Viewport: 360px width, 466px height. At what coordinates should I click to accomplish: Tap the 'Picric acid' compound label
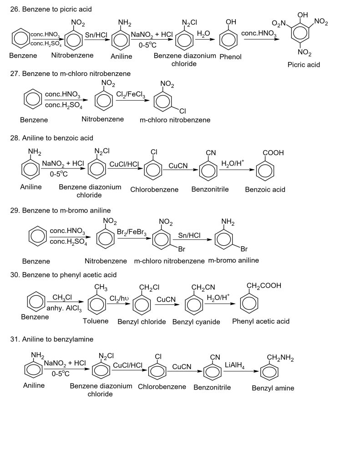304,65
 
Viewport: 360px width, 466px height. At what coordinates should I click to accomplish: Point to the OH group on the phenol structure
231,22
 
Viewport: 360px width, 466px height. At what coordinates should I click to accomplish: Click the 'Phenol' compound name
230,57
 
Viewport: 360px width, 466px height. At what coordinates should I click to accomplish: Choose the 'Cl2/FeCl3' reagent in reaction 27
131,95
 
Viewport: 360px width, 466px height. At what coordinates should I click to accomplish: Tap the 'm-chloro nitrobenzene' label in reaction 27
175,120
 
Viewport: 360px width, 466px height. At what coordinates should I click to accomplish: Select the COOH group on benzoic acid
273,153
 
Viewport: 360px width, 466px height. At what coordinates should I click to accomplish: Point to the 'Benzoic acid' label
265,189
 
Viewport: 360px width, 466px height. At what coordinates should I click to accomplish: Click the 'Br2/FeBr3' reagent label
132,232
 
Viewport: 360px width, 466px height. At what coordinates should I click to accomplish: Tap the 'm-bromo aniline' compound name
233,260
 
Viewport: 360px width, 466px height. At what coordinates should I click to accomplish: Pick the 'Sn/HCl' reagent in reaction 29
189,235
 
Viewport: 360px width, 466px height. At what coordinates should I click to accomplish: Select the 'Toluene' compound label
96,321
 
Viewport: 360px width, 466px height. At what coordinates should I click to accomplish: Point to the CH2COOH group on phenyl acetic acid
264,286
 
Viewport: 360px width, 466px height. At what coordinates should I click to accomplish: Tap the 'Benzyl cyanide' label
196,322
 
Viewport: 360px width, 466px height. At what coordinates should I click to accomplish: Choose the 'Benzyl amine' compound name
273,388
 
